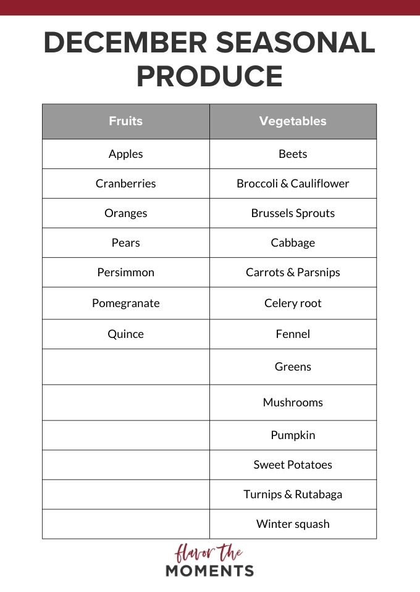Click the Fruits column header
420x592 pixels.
[x=126, y=121]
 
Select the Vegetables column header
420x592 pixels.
[x=293, y=121]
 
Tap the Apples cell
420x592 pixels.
[x=126, y=154]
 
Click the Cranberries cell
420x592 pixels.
[x=126, y=184]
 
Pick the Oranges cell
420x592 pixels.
[x=126, y=213]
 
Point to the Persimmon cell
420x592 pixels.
[x=126, y=273]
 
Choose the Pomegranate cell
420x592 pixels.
[x=126, y=303]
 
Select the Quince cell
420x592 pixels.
[x=126, y=334]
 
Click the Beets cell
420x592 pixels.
[x=293, y=154]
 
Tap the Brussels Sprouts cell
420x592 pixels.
[x=293, y=213]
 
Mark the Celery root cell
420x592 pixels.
[x=293, y=303]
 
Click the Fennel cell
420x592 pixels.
[x=293, y=334]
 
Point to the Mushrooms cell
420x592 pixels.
[x=293, y=403]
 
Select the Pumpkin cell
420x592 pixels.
[x=293, y=435]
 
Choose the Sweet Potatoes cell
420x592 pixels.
[x=293, y=465]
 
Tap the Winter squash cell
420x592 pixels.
[x=293, y=524]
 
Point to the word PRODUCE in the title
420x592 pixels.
[x=209, y=76]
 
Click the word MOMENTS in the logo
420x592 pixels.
[x=209, y=570]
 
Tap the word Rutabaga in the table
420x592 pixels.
[x=317, y=495]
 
